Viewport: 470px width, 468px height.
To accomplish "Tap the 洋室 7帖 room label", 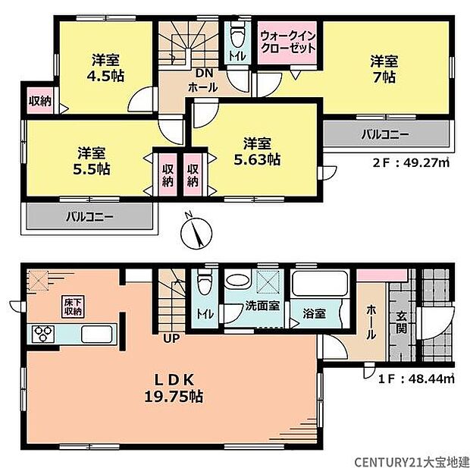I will click(x=385, y=68).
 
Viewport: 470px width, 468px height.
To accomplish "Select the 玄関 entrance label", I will click(x=400, y=323).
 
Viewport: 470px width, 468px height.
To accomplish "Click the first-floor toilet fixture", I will click(x=204, y=285).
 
